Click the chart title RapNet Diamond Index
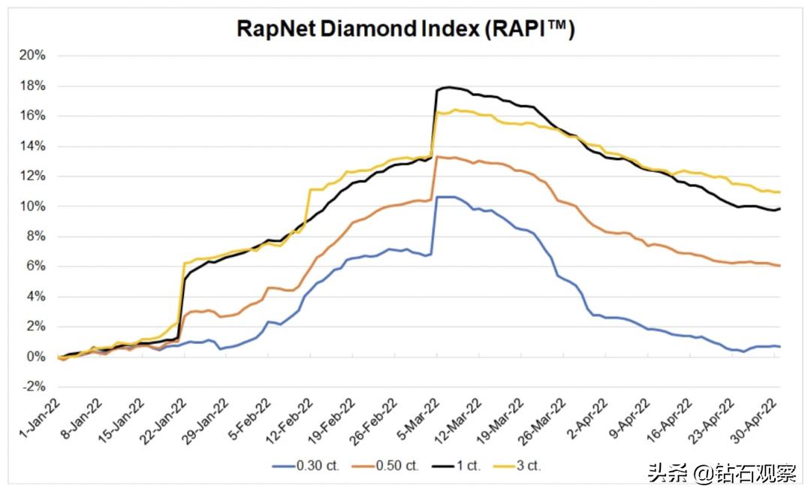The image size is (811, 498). point(405,29)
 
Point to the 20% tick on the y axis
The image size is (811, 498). point(34,56)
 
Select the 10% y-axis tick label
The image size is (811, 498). point(34,207)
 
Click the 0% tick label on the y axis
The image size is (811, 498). point(37,357)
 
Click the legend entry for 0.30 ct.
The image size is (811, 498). point(306,466)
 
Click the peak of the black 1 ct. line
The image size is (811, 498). point(448,87)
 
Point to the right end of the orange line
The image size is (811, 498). point(780,266)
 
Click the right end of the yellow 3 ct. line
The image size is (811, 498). point(780,192)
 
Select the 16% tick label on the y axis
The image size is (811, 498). point(34,116)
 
